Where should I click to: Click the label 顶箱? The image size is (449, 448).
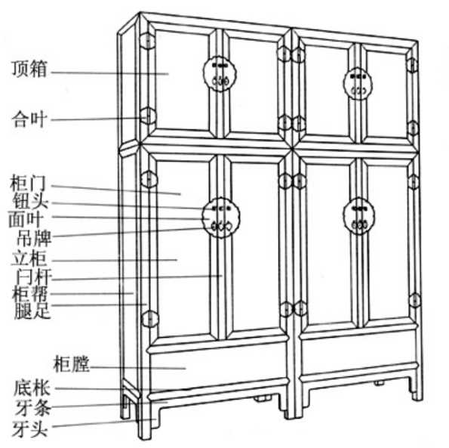point(29,69)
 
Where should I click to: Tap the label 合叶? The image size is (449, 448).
point(29,119)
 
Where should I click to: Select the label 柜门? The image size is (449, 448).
point(28,183)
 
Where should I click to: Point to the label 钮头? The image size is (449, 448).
point(30,201)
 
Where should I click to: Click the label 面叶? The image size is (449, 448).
point(26,219)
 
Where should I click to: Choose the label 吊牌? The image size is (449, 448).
point(34,238)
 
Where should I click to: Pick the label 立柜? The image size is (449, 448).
point(29,258)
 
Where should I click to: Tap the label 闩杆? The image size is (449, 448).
point(34,277)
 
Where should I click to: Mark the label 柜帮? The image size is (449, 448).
point(29,294)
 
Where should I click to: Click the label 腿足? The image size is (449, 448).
point(32,311)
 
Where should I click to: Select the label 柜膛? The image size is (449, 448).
point(72,364)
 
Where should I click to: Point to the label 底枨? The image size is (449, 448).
point(32,388)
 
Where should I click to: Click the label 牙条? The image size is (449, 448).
point(33,408)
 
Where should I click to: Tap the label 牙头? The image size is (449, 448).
point(29,428)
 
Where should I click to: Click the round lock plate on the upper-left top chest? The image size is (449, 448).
point(220,73)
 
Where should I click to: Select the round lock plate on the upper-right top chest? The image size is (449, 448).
point(358,84)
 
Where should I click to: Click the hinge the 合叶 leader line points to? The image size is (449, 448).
point(148,116)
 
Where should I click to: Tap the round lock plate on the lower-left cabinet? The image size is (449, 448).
point(221,218)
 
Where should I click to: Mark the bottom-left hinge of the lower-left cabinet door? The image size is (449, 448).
point(150,319)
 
